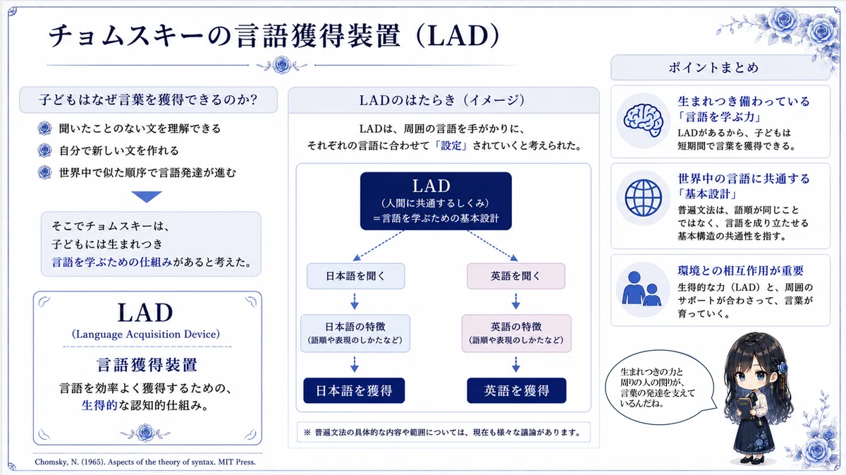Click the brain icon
pyautogui.click(x=643, y=120)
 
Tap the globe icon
pyautogui.click(x=643, y=198)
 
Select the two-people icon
pyautogui.click(x=642, y=289)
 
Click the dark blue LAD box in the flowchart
pyautogui.click(x=436, y=201)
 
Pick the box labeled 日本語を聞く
pyautogui.click(x=355, y=276)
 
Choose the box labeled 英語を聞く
pyautogui.click(x=516, y=276)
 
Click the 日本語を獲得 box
pyautogui.click(x=354, y=390)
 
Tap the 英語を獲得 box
pyautogui.click(x=517, y=390)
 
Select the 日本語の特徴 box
pyautogui.click(x=355, y=333)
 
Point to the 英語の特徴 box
pyautogui.click(x=516, y=333)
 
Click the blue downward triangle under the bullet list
pyautogui.click(x=147, y=197)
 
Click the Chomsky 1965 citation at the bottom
pyautogui.click(x=145, y=462)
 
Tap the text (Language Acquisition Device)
pyautogui.click(x=146, y=335)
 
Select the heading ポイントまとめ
pyautogui.click(x=713, y=68)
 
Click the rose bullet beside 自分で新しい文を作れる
pyautogui.click(x=44, y=150)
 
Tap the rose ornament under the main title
pyautogui.click(x=282, y=65)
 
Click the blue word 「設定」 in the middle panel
pyautogui.click(x=451, y=145)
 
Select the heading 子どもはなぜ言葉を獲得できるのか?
pyautogui.click(x=149, y=100)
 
